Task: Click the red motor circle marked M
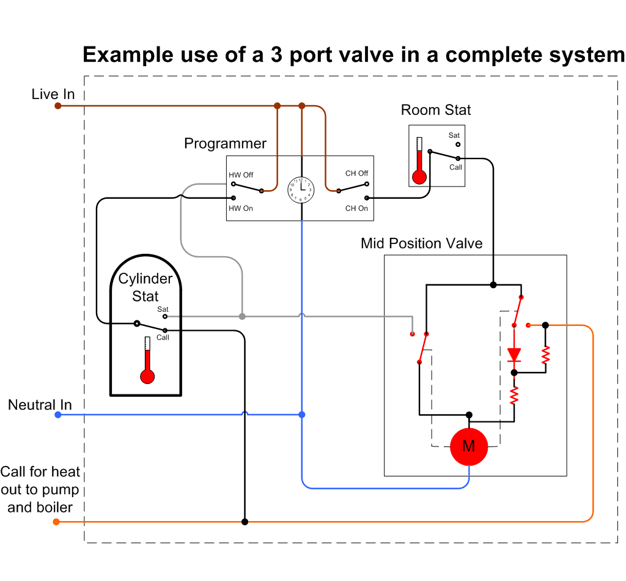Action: (x=468, y=446)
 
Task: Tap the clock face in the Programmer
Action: (x=301, y=190)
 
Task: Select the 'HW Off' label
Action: (x=241, y=175)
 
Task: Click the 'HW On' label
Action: (x=240, y=209)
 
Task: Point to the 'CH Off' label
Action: (x=356, y=173)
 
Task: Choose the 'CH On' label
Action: (x=356, y=209)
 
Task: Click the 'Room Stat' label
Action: (x=436, y=110)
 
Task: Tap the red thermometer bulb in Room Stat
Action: (x=419, y=177)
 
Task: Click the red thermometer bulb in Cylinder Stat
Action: (x=147, y=376)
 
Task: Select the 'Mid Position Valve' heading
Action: (x=421, y=243)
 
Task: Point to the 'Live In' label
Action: (x=53, y=94)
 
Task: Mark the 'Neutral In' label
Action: (x=40, y=405)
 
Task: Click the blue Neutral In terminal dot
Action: (x=57, y=415)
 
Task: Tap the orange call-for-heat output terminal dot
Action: (x=56, y=522)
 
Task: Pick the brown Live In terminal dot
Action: (x=57, y=106)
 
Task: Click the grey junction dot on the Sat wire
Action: (x=242, y=316)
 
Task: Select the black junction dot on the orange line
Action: (x=245, y=522)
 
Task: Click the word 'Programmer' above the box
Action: (x=225, y=144)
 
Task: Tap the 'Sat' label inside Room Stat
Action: (x=454, y=135)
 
